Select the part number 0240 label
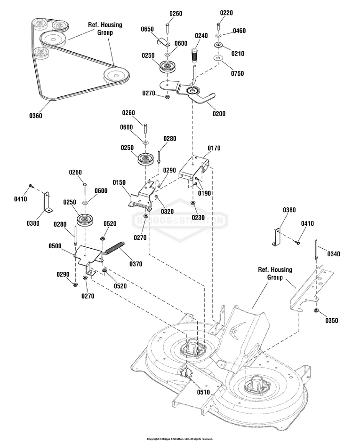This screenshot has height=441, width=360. pyautogui.click(x=201, y=35)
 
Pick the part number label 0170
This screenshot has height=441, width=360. pyautogui.click(x=214, y=148)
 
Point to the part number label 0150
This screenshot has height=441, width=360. pyautogui.click(x=120, y=182)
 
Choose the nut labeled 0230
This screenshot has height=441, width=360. pyautogui.click(x=193, y=203)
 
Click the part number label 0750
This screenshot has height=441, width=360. pyautogui.click(x=238, y=73)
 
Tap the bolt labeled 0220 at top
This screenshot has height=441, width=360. pyautogui.click(x=218, y=25)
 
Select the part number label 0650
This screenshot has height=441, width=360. pyautogui.click(x=147, y=29)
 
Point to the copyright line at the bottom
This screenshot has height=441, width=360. pyautogui.click(x=180, y=438)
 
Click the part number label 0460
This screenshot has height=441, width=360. pyautogui.click(x=239, y=31)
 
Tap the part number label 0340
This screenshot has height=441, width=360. pyautogui.click(x=334, y=254)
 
